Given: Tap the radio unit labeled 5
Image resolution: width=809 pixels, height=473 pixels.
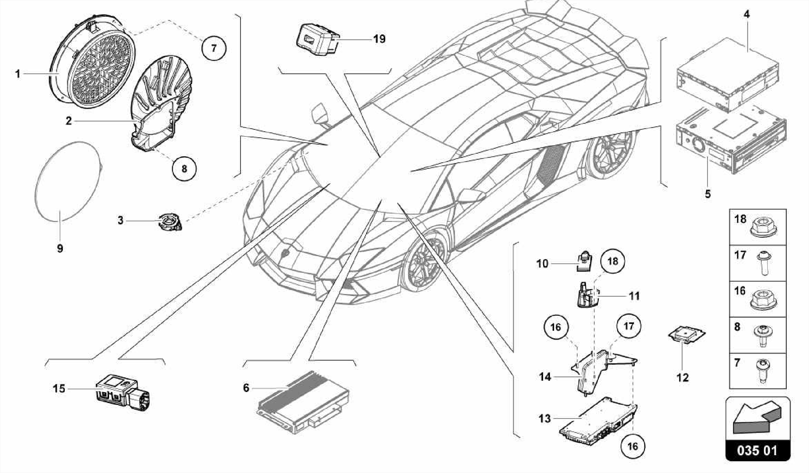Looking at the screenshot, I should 731,144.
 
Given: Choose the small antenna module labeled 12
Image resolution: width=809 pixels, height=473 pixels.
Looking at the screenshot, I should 687,335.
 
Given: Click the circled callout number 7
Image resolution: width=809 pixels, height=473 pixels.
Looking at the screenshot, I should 214,48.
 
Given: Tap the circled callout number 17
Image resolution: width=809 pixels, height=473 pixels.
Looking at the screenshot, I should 628,326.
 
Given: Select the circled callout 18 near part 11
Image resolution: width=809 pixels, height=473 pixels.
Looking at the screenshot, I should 612,261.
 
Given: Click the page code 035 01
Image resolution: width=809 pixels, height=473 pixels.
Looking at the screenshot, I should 758,450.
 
